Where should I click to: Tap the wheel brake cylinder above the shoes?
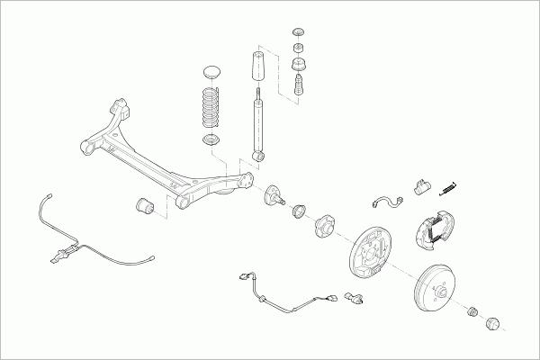coord(419,187)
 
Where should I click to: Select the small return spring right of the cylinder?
coord(446,187)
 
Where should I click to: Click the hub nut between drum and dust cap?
coord(472,311)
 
